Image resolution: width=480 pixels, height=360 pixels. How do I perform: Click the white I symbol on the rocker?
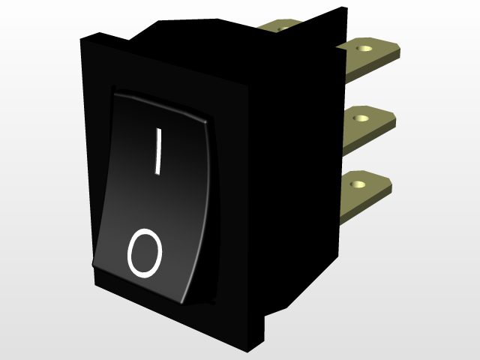[x=157, y=151]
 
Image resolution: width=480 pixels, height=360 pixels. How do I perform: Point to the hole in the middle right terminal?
[x=363, y=117]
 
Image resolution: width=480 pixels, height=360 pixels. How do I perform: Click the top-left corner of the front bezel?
[x=82, y=37]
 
